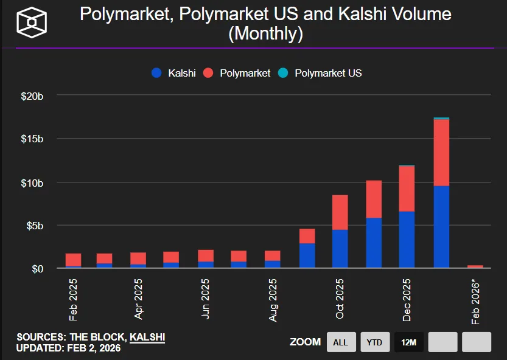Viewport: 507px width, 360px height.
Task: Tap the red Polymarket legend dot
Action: (208, 73)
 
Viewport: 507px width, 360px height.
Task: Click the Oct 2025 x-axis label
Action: (340, 299)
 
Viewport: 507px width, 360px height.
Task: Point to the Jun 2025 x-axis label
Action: (206, 299)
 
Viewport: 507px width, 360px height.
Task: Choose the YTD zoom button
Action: (375, 342)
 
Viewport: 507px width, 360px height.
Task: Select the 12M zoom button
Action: (409, 342)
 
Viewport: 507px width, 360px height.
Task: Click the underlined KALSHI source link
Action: (147, 337)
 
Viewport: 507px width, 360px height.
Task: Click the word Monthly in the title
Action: (265, 33)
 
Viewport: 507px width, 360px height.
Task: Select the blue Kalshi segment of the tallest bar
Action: (441, 227)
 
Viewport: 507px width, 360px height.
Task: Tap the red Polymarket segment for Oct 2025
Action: (340, 212)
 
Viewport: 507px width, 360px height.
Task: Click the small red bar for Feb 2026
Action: (475, 266)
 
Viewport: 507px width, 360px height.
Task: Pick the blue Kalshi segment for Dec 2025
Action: (407, 240)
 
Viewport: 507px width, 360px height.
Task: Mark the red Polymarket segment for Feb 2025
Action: (74, 260)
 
